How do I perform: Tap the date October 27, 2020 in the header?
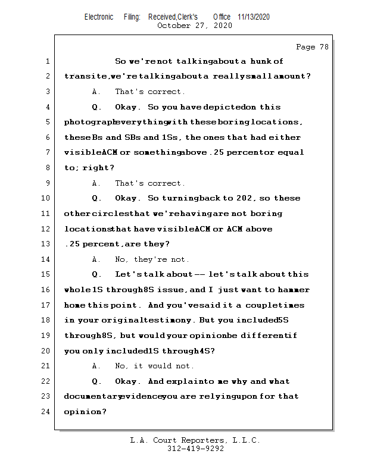(195, 26)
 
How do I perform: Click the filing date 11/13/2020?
(254, 17)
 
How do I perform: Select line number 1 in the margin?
(48, 61)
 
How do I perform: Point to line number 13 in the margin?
(46, 244)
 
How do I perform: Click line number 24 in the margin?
(46, 411)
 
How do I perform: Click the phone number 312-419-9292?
(195, 449)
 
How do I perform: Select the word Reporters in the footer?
(201, 440)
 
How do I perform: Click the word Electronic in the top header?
(99, 17)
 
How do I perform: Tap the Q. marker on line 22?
(97, 381)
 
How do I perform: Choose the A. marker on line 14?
(97, 259)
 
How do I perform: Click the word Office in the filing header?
(222, 17)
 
